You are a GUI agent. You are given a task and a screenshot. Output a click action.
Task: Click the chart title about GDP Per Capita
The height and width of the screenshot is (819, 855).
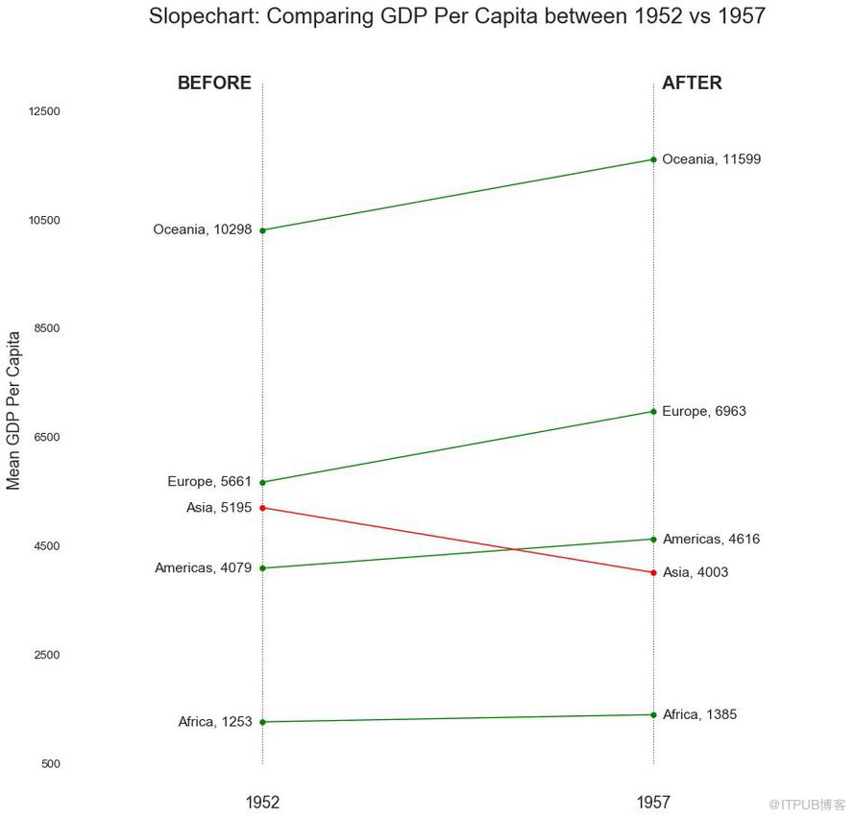point(457,16)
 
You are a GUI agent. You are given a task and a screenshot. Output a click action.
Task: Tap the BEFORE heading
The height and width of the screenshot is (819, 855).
point(214,84)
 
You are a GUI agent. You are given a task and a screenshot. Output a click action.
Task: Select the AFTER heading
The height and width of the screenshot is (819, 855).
point(692,84)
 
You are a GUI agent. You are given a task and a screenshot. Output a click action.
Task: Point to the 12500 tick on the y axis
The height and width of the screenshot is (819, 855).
point(44,111)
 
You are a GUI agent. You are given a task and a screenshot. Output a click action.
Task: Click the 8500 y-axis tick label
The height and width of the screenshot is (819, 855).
point(47,328)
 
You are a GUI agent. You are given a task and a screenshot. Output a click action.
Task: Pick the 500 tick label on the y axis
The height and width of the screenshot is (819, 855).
point(50,764)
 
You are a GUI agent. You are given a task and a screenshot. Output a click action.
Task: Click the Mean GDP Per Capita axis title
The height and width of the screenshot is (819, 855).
point(13,410)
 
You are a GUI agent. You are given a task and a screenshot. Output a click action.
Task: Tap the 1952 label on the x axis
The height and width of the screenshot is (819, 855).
point(262,803)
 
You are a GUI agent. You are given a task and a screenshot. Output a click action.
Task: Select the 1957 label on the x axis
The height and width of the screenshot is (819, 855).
point(653,803)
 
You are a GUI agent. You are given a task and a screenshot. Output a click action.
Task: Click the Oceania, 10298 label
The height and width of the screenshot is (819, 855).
point(202,229)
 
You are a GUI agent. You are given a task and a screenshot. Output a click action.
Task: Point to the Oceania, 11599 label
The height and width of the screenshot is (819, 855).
point(712,159)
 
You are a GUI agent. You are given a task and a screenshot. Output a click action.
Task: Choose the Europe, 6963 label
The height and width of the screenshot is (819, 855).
point(704,412)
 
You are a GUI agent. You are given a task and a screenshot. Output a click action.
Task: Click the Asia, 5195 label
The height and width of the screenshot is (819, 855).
point(219,508)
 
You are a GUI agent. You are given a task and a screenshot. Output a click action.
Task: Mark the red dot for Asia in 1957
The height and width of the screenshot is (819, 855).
point(653,573)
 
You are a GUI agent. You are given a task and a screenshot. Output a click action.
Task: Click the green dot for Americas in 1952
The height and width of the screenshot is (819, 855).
point(262,568)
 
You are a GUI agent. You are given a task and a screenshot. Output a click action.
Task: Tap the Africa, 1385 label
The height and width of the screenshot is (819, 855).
point(700,715)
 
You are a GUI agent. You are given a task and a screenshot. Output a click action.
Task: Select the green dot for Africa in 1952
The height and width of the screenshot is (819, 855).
point(262,722)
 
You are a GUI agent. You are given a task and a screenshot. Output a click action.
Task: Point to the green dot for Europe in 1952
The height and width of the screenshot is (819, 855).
point(262,482)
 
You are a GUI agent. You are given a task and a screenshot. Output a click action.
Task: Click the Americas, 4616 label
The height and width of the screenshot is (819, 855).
point(711,540)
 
